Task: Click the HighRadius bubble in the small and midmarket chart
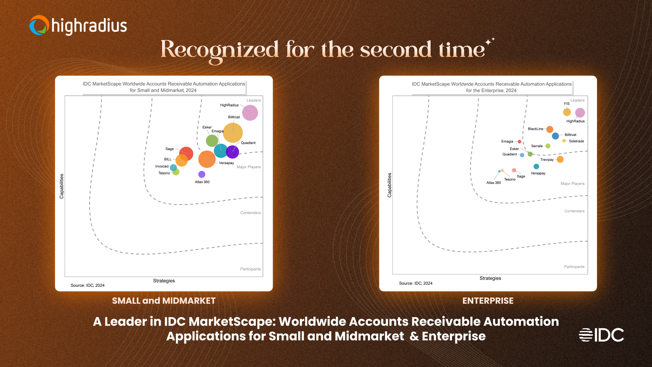click(250, 113)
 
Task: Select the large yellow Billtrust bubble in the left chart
click(233, 133)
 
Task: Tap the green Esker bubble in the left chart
click(212, 140)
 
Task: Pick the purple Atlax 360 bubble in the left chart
click(202, 174)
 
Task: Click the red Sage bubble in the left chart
click(186, 154)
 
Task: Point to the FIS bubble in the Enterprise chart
click(567, 112)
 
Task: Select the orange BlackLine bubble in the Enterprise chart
click(550, 129)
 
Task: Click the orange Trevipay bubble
click(560, 159)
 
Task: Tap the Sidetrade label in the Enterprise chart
click(576, 141)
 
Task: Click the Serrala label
click(537, 146)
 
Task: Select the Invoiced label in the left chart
click(162, 166)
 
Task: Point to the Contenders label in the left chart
click(251, 213)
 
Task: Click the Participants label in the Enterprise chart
click(574, 267)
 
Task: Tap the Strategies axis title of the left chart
click(164, 281)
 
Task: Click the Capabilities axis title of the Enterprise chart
click(390, 185)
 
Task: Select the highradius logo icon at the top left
click(39, 25)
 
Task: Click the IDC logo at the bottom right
click(601, 335)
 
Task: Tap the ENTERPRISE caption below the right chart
click(488, 301)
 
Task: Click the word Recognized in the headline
click(219, 50)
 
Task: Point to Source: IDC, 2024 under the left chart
click(88, 285)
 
